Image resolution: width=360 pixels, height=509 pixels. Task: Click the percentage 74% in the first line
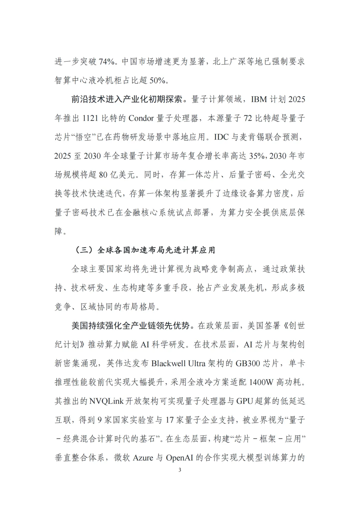click(x=107, y=62)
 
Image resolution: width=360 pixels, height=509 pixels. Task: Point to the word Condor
click(x=141, y=118)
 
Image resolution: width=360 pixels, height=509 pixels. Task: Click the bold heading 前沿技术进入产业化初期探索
click(x=127, y=99)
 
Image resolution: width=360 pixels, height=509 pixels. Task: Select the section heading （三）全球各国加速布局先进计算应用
click(x=143, y=250)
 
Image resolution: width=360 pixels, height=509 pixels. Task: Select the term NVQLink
click(x=106, y=401)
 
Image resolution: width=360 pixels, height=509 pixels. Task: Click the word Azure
click(x=143, y=458)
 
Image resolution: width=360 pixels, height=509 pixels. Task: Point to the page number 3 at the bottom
click(x=180, y=470)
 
